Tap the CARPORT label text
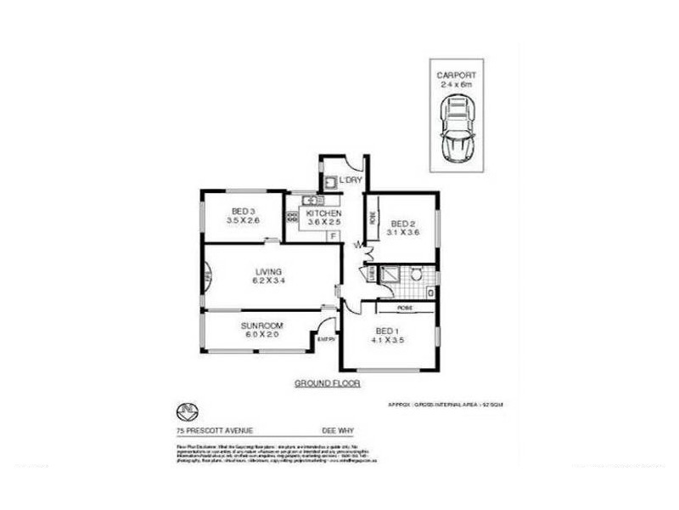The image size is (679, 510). coord(456,74)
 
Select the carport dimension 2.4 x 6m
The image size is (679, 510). coord(456,84)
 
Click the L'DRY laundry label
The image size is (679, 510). coord(351,181)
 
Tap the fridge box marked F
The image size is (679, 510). coord(334,235)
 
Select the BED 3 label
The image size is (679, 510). coord(243,211)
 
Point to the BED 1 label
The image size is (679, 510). coord(386,330)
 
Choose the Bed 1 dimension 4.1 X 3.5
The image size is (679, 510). coord(386,340)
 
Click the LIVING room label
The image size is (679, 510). coord(268,271)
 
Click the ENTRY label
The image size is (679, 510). coord(326,340)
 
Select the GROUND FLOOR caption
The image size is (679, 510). coord(328,383)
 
